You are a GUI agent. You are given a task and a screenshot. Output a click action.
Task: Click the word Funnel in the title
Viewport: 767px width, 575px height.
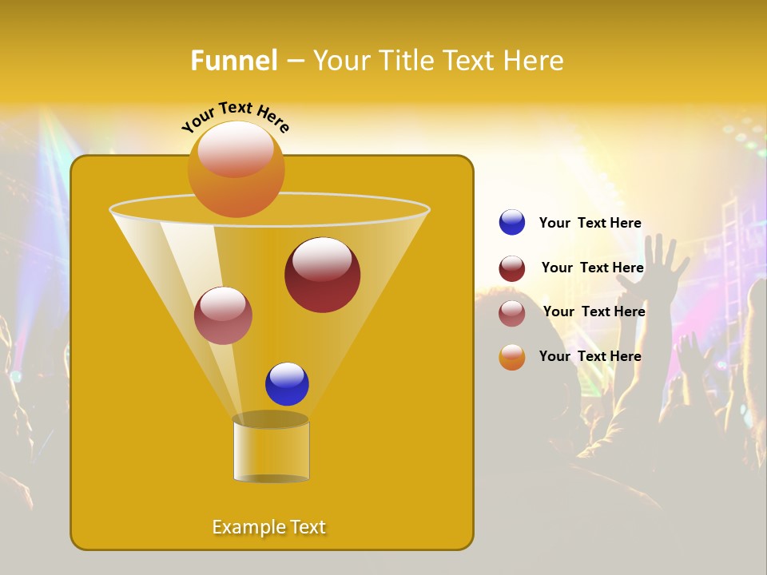(x=234, y=61)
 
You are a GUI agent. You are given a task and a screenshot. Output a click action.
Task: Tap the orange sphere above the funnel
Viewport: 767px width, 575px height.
(x=236, y=169)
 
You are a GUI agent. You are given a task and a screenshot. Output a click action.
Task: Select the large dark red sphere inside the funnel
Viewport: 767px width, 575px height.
(x=322, y=275)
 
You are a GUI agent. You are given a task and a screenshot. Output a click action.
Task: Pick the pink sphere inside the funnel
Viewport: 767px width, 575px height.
(x=223, y=315)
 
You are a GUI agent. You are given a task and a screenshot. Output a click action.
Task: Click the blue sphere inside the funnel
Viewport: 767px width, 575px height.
(x=287, y=384)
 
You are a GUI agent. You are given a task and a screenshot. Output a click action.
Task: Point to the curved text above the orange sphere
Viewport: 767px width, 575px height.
(x=235, y=117)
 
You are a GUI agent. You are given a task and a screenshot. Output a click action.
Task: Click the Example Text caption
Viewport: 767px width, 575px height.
(x=268, y=527)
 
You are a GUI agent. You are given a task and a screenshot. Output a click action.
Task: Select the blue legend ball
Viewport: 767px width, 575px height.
(x=512, y=223)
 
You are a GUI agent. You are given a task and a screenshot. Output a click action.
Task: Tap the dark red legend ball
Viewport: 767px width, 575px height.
(x=512, y=268)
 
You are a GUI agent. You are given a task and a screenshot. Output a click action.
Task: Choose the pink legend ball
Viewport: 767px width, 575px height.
(x=512, y=313)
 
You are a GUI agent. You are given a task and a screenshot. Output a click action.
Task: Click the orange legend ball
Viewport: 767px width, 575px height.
(x=512, y=357)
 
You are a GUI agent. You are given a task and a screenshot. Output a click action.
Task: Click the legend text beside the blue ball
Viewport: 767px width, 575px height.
(x=590, y=223)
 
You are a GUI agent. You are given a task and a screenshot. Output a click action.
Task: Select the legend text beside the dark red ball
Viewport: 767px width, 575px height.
(x=592, y=268)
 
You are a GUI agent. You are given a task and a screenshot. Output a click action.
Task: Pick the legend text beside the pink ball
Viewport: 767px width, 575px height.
(x=594, y=311)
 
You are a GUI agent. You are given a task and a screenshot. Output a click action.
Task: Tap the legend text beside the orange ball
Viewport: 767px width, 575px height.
(x=590, y=356)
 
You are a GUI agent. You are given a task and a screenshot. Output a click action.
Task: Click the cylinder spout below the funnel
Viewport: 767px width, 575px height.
(x=271, y=450)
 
